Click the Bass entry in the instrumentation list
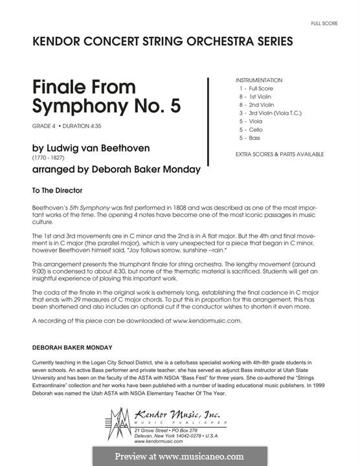point(248,137)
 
